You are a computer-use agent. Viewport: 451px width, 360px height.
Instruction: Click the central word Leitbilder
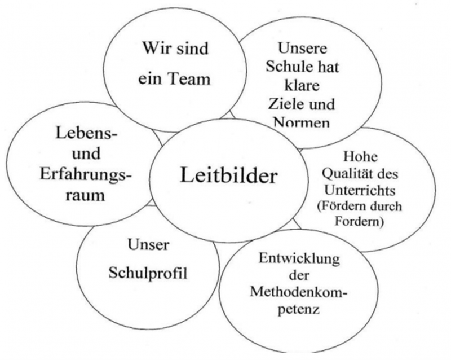coord(229,175)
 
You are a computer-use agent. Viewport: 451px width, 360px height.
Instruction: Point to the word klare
coord(302,85)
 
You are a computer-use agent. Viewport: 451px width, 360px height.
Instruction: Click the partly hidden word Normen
coord(302,122)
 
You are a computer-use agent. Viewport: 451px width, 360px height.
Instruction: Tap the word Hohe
coord(360,157)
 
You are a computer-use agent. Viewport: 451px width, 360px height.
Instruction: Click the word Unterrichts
coord(360,190)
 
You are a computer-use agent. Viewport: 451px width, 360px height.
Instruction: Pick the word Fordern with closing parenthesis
coord(359,221)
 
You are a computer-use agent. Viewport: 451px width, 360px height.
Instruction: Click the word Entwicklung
coord(299,259)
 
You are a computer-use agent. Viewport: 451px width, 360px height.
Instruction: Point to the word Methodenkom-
coord(299,292)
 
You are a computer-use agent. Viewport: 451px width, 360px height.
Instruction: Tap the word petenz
coord(299,310)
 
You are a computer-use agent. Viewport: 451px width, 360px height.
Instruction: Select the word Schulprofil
coord(148,273)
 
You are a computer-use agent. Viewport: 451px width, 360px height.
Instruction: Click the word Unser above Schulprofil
coord(148,245)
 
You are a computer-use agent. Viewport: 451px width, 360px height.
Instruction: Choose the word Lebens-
coord(87,133)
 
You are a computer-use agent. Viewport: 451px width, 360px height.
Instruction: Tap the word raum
coord(85,195)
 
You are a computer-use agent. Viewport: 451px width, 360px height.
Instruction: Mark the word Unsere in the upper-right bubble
coord(302,48)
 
